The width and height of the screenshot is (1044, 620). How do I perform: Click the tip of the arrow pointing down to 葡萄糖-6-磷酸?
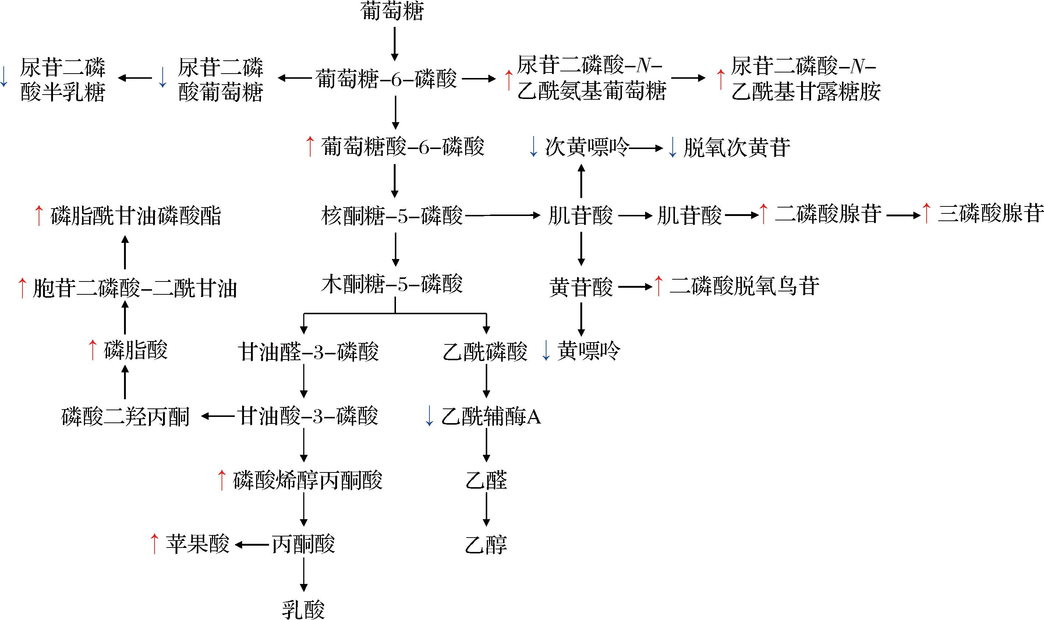(395, 61)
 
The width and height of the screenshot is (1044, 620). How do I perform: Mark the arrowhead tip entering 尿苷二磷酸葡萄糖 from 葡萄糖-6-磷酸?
(278, 78)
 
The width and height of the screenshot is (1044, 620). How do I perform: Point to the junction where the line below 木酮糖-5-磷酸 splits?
(395, 313)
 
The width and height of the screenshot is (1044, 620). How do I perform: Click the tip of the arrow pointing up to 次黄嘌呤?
(581, 164)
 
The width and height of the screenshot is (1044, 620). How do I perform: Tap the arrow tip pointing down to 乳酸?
(304, 591)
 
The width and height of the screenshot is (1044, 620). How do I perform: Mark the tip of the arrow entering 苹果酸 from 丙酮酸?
(234, 545)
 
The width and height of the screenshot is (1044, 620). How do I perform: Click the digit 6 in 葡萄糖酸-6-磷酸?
(424, 147)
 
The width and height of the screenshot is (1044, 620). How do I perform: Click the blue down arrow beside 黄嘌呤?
(546, 351)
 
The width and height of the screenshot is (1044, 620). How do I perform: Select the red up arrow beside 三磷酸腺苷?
(926, 213)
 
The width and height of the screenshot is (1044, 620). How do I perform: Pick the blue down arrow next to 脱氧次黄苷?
(673, 148)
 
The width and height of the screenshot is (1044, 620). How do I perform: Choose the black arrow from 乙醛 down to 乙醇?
(486, 509)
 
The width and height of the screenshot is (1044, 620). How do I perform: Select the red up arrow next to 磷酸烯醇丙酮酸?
(222, 481)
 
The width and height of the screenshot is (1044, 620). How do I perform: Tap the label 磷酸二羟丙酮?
(126, 417)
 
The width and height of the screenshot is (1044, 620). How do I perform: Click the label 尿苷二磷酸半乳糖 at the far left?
(63, 79)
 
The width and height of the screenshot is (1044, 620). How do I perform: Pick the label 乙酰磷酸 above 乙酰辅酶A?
(485, 351)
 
